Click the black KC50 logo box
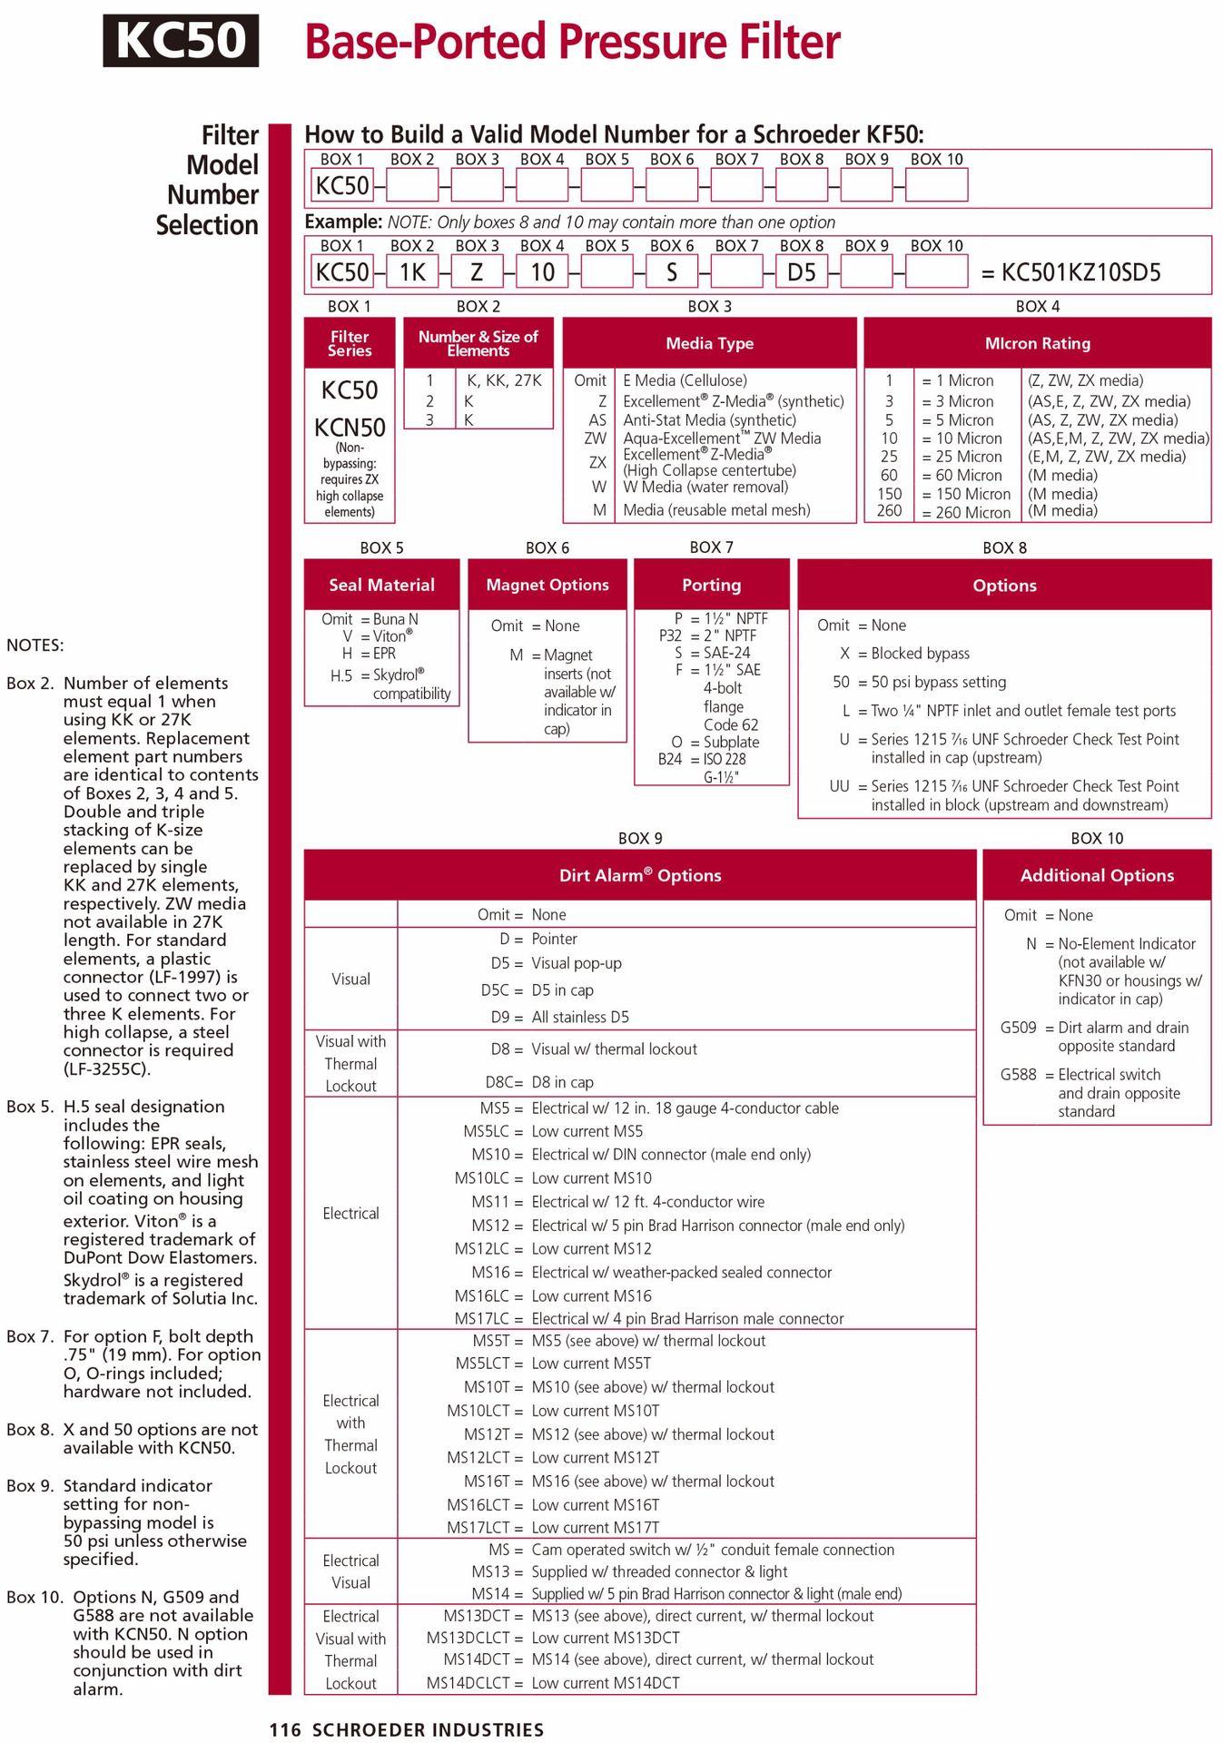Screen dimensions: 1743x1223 point(181,41)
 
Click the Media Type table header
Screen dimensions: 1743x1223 point(709,343)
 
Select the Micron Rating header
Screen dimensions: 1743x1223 point(1037,343)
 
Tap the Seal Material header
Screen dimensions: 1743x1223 point(381,585)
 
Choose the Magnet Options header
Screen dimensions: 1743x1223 point(547,585)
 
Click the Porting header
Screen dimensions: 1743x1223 point(711,585)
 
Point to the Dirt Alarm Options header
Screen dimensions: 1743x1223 point(640,875)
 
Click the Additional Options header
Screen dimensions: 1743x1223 point(1097,875)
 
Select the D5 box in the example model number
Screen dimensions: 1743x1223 point(801,271)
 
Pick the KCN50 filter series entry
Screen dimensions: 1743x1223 point(350,427)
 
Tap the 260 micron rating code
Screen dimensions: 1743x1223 point(889,511)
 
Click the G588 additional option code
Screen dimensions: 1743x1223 point(1018,1074)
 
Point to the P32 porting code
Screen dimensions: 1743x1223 point(670,635)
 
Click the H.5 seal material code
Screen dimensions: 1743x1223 point(340,675)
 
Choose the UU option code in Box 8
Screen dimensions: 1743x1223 point(839,786)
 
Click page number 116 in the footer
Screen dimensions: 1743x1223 point(284,1729)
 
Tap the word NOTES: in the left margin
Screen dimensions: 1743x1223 point(35,645)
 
